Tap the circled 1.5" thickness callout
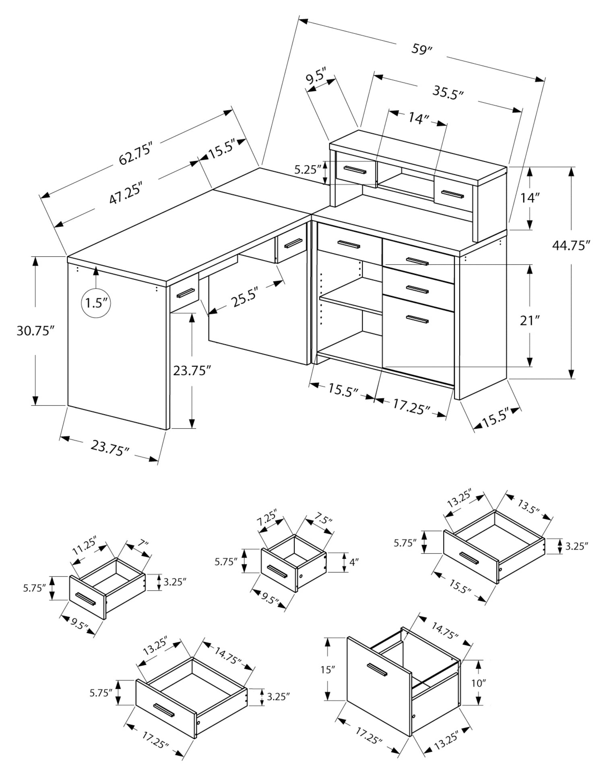96,303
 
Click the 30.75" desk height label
35,331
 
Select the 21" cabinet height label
529,321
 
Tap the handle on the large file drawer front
417,320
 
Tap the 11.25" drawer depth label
85,547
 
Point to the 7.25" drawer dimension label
267,517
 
